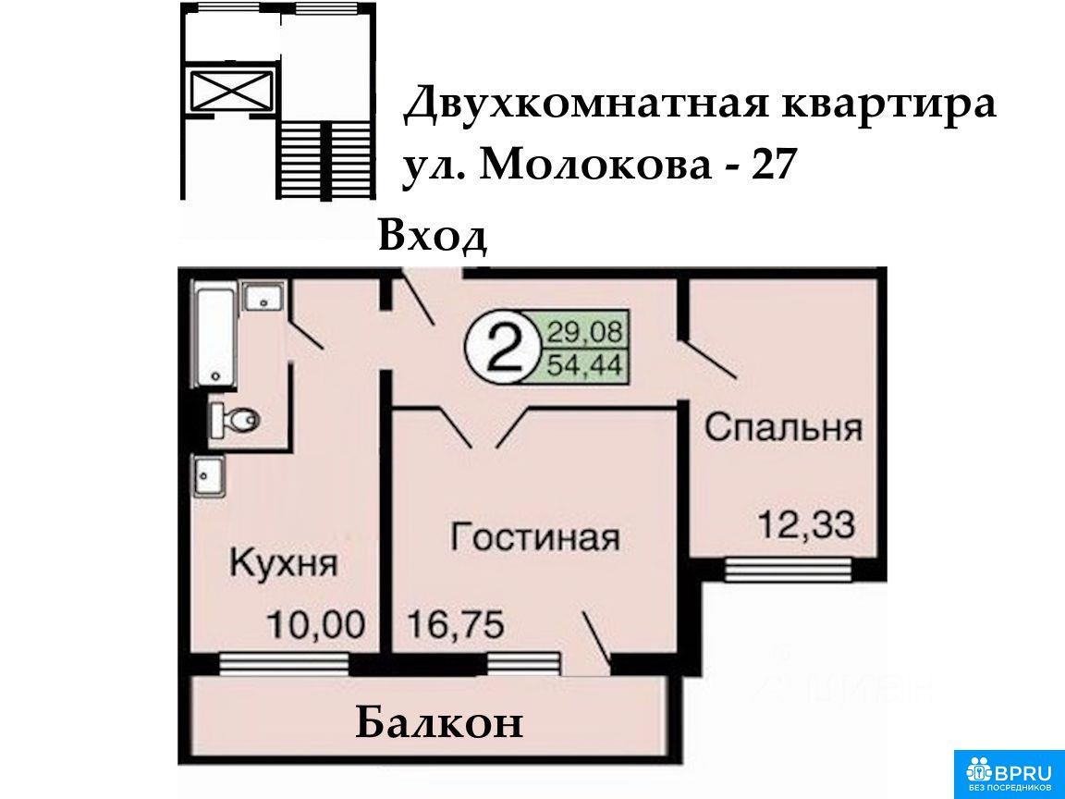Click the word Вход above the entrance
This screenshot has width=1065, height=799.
coord(433,237)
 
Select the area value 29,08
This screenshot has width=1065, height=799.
coord(582,332)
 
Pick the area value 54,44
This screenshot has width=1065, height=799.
coord(584,365)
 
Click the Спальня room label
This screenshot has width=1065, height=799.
coord(783,428)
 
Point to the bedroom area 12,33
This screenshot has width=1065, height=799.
coord(806,524)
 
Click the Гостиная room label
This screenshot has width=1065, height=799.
coord(535,536)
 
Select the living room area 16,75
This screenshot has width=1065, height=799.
coord(455,623)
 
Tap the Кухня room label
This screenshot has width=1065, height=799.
coord(283,563)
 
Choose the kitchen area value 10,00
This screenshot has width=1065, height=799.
coord(316,623)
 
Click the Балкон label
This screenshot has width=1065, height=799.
coord(439,723)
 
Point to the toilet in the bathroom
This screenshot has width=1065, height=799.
coord(234,420)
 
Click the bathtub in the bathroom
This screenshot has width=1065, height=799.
coord(214,337)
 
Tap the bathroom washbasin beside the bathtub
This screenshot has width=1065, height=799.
coord(263,298)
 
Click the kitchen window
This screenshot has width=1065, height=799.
coord(284,663)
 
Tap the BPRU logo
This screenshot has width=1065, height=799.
coord(1010,774)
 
